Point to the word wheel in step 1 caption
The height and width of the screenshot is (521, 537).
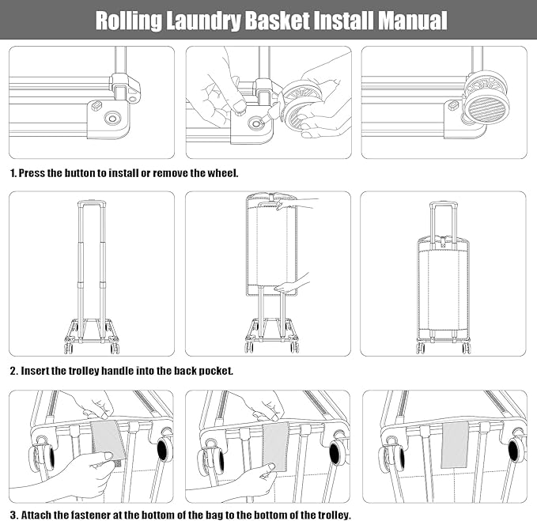tap(224, 172)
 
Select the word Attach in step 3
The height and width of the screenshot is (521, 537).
tap(36, 515)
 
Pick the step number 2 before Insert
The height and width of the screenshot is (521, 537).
tap(13, 370)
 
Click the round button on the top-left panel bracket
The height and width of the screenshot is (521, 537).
tap(111, 119)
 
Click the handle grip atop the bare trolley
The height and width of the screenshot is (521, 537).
tap(92, 202)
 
